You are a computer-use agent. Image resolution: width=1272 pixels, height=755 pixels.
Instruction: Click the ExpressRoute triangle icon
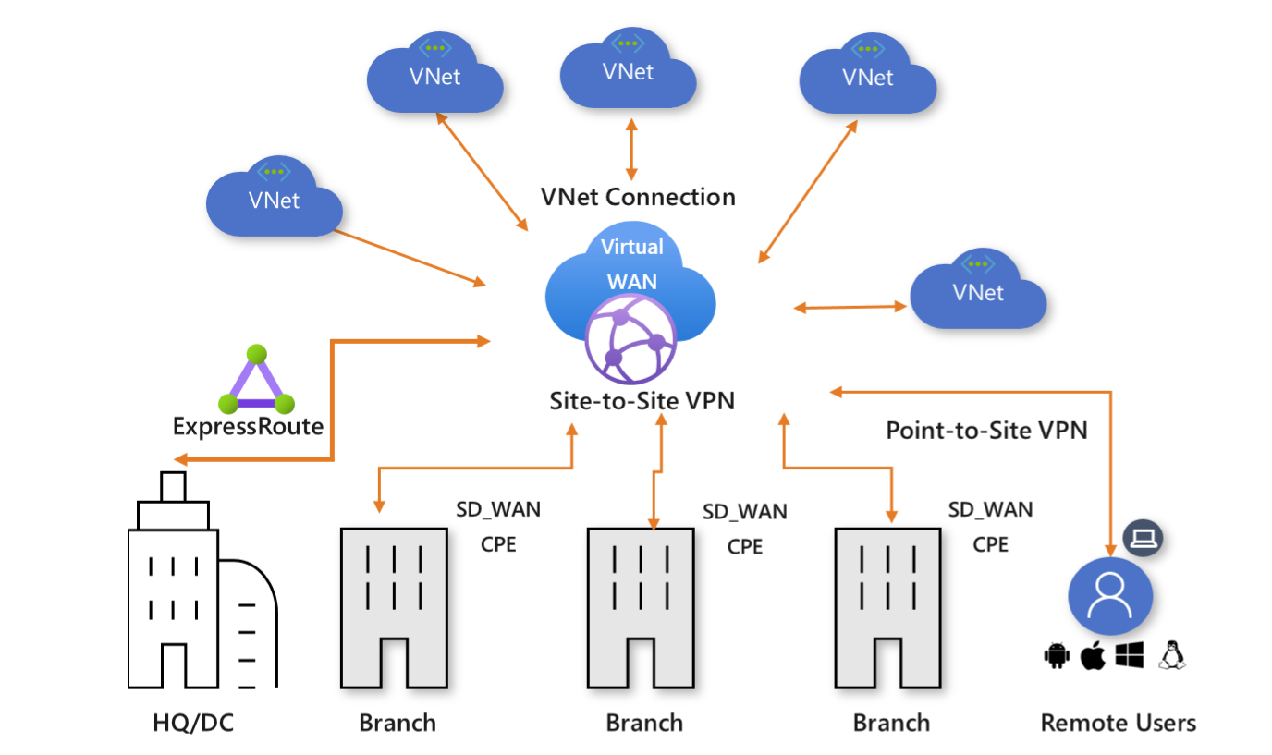click(x=256, y=382)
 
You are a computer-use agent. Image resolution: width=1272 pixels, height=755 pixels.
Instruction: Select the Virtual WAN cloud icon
click(x=631, y=277)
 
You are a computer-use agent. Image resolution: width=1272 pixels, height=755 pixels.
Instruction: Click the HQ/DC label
click(x=193, y=722)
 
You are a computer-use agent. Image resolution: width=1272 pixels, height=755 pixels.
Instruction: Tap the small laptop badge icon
click(x=1144, y=536)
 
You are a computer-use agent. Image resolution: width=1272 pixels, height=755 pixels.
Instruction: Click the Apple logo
click(x=1093, y=655)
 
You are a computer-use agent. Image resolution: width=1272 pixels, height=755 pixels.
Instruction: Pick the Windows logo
click(x=1130, y=655)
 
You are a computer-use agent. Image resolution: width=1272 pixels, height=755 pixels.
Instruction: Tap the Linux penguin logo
click(x=1172, y=654)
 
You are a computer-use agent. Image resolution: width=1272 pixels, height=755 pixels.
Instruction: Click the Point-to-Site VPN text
click(x=986, y=430)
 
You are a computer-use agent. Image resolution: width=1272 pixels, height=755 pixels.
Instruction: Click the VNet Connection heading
click(x=638, y=197)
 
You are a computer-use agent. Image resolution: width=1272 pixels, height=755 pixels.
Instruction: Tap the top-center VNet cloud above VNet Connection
click(x=629, y=72)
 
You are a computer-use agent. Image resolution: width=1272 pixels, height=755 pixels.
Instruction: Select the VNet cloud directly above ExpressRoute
click(x=274, y=200)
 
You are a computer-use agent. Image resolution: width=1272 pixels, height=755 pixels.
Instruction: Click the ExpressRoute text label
click(x=248, y=426)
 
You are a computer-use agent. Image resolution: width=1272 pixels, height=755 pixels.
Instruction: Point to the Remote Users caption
click(x=1118, y=722)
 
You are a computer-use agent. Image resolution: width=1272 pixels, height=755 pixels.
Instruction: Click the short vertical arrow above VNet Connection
click(x=631, y=148)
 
